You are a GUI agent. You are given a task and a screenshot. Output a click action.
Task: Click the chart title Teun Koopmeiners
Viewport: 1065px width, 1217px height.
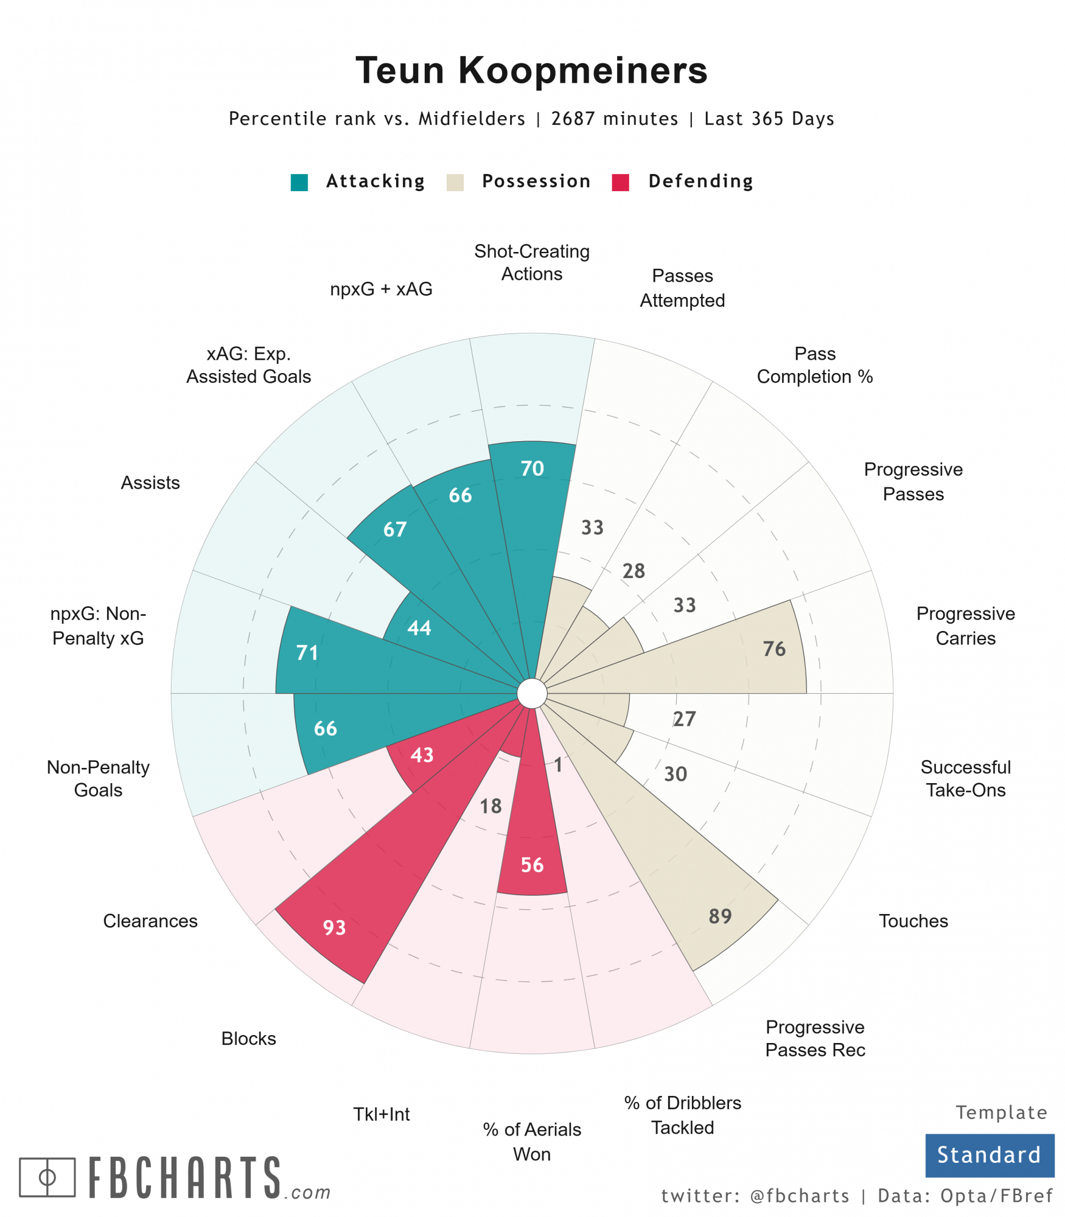tap(531, 71)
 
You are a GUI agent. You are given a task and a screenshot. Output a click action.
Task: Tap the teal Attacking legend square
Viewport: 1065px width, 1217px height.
tap(299, 182)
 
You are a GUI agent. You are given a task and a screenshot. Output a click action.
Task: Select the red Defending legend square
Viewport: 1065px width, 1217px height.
tap(620, 182)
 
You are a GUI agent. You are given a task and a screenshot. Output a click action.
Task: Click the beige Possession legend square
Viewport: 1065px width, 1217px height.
tap(455, 182)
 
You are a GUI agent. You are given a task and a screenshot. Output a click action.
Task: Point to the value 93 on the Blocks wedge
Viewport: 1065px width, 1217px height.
tap(334, 927)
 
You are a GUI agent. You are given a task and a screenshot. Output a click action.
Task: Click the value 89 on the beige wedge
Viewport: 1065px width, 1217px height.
tap(720, 916)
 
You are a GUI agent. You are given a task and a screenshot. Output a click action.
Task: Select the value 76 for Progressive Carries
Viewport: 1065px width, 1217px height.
tap(774, 649)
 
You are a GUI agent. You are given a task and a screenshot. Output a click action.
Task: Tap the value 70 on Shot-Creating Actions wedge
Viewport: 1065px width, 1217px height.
tap(532, 469)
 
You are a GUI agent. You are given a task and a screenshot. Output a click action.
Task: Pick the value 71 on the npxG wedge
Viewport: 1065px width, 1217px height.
tap(307, 652)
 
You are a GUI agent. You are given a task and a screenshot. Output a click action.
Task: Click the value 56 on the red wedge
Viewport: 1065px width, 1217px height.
tap(532, 865)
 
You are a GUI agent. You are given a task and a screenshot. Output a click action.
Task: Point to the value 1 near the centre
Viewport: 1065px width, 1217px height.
tap(558, 765)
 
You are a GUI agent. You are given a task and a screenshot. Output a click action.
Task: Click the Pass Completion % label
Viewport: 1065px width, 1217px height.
tap(814, 365)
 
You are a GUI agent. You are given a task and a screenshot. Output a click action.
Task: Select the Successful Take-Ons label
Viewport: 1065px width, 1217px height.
tap(965, 778)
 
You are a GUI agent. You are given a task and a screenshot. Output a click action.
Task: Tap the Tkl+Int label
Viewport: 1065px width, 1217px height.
tap(382, 1114)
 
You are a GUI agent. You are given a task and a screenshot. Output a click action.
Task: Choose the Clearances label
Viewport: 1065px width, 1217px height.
tap(150, 921)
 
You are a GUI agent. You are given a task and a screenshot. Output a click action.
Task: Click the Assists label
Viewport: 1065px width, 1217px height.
tap(150, 483)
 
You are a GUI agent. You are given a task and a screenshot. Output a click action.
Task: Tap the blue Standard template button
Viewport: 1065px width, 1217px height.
tap(989, 1154)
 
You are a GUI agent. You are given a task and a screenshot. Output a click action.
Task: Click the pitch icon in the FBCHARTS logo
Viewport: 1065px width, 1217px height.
tap(47, 1177)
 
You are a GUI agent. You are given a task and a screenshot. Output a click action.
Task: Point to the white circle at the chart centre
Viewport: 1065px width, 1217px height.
tap(532, 694)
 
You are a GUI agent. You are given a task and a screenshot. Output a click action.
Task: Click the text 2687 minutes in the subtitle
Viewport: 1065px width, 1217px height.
tap(614, 119)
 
